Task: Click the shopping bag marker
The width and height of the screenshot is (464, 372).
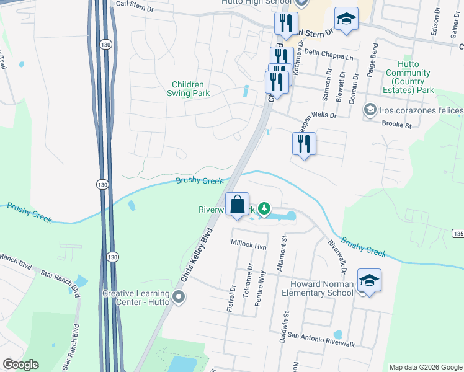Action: [x=237, y=205]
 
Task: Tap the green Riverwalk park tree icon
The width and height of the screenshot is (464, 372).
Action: [x=264, y=208]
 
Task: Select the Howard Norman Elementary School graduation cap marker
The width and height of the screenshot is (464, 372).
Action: [x=369, y=281]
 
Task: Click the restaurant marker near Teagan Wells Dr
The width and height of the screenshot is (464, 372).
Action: [x=304, y=144]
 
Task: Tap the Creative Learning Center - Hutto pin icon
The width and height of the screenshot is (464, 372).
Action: [x=179, y=298]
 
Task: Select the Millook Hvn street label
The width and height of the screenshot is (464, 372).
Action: [x=248, y=246]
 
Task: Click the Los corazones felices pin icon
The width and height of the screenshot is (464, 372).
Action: [x=370, y=110]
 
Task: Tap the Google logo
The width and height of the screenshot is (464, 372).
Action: [x=20, y=365]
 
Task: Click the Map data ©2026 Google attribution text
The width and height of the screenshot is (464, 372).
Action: [x=426, y=367]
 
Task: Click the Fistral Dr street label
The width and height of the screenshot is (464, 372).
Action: [x=233, y=297]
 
